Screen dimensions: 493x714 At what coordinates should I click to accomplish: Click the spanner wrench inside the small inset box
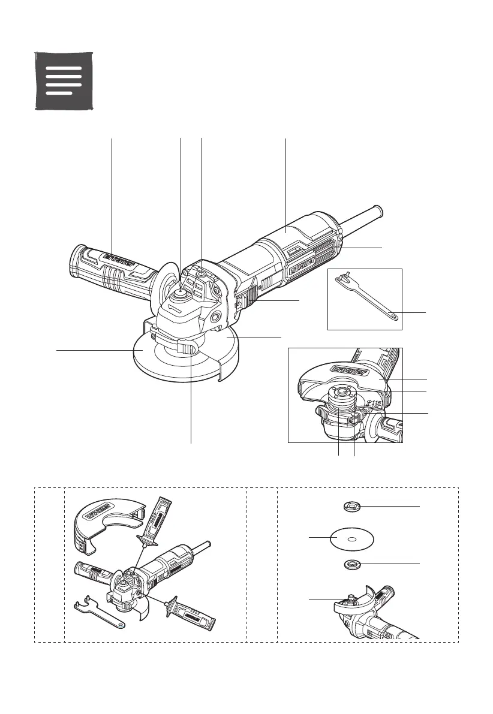pos(365,299)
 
